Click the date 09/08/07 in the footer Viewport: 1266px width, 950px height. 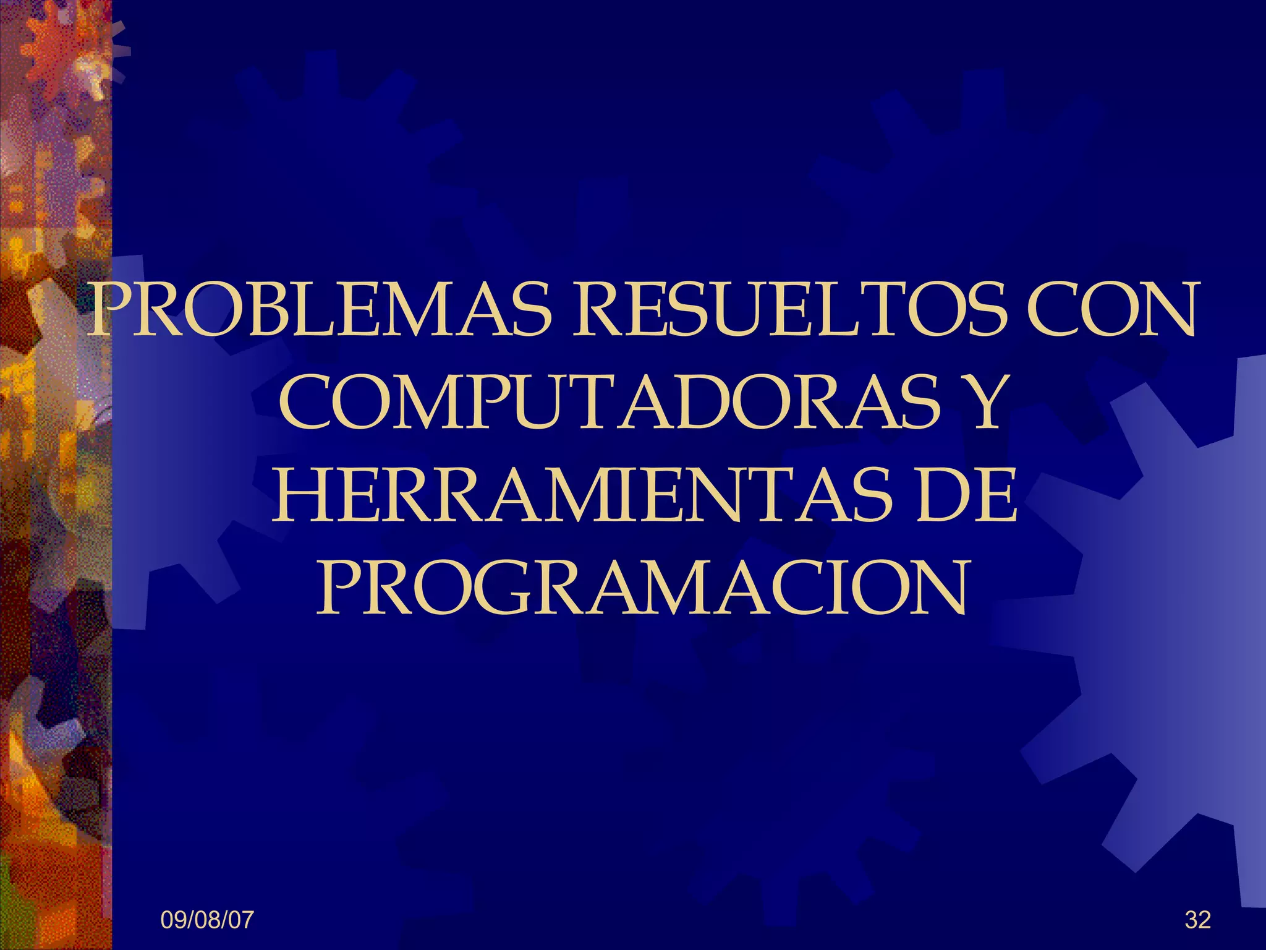(x=206, y=920)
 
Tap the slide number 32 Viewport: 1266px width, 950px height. (x=1197, y=920)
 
